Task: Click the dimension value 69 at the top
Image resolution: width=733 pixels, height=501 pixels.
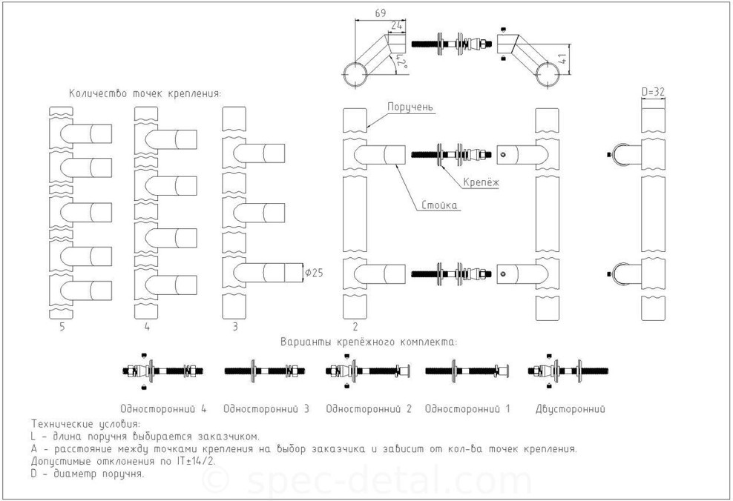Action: pos(381,13)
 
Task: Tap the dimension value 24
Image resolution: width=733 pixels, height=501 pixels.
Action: pos(396,26)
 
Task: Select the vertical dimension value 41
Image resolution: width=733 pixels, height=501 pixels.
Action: pos(562,59)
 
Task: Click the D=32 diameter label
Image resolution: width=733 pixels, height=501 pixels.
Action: pos(653,92)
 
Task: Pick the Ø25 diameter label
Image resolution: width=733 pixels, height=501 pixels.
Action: pos(314,272)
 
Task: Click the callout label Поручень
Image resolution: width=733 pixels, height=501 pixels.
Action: pos(410,107)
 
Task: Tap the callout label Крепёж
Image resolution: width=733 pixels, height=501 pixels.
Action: pos(481,182)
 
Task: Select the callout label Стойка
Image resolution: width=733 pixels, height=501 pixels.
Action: pos(439,205)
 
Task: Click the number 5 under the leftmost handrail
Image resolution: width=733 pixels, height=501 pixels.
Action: pos(62,326)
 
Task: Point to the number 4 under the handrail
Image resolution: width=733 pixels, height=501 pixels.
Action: pos(147,326)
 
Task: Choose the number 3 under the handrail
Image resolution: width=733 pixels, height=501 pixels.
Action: pos(235,326)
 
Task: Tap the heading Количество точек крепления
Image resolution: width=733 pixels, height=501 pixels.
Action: pos(145,93)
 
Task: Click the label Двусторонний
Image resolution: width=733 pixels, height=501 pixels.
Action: pos(571,410)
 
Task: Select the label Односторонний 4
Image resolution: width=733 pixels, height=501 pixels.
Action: pos(163,409)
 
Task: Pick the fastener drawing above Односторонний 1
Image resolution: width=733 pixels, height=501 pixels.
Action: pos(467,371)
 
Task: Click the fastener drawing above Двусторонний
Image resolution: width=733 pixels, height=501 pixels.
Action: pos(568,371)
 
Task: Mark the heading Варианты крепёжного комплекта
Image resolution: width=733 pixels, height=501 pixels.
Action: pos(369,342)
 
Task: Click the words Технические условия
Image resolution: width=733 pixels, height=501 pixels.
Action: pos(85,424)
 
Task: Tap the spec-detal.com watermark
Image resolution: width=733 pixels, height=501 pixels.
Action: pos(367,480)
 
